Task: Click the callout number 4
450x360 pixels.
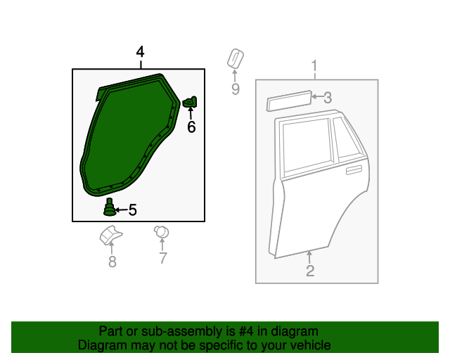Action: [x=140, y=52]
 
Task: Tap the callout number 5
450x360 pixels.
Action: [x=133, y=210]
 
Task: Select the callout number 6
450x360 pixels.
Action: [x=191, y=127]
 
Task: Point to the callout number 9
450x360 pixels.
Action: [x=236, y=89]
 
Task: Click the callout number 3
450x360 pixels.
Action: [x=328, y=98]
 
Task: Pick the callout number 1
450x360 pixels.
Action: [x=314, y=65]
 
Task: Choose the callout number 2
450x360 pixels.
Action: [x=310, y=271]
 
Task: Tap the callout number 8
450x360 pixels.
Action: [x=112, y=262]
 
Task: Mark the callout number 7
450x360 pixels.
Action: [x=163, y=258]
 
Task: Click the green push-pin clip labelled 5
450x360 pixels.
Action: [x=109, y=207]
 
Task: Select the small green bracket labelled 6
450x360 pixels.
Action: [x=190, y=102]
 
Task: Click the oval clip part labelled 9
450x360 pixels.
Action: [x=236, y=58]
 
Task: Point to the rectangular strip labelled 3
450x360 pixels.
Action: [x=289, y=101]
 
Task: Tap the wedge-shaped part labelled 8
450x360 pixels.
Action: [x=110, y=236]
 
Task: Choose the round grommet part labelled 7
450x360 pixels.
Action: [x=161, y=232]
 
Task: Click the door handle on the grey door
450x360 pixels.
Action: [x=354, y=170]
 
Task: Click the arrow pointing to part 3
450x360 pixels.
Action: [x=317, y=96]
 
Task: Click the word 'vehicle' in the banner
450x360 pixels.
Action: [x=314, y=345]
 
